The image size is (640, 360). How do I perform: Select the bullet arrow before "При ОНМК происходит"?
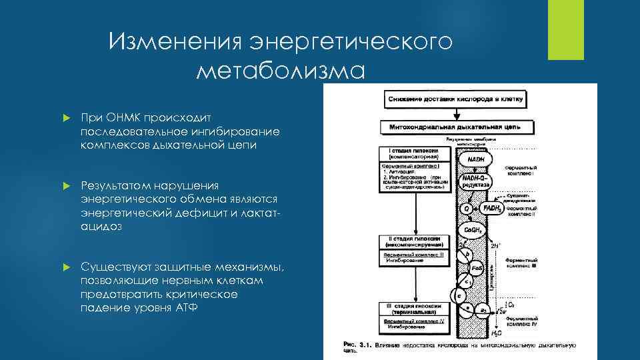(x=66, y=117)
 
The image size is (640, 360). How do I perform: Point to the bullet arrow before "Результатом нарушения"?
(x=66, y=185)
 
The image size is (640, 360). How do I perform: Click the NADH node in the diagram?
(x=475, y=160)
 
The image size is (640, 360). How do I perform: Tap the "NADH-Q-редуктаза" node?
(x=475, y=181)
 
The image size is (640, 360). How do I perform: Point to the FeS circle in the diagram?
(x=477, y=269)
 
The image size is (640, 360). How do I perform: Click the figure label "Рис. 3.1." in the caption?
(x=356, y=344)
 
